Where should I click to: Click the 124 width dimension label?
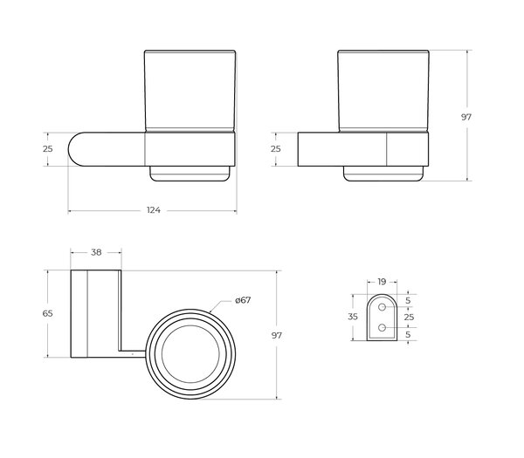coord(154,210)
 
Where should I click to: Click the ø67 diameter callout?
coord(243,300)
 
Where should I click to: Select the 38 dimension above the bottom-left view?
coord(96,252)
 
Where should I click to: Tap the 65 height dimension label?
coord(47,313)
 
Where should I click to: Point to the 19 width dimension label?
coord(382,282)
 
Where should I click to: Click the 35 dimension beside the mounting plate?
coord(353,317)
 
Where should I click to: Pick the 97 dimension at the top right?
coord(466,117)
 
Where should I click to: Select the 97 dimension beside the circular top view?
coord(277,336)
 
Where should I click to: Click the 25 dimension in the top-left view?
coord(48,149)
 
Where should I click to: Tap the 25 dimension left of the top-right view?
coord(276,149)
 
